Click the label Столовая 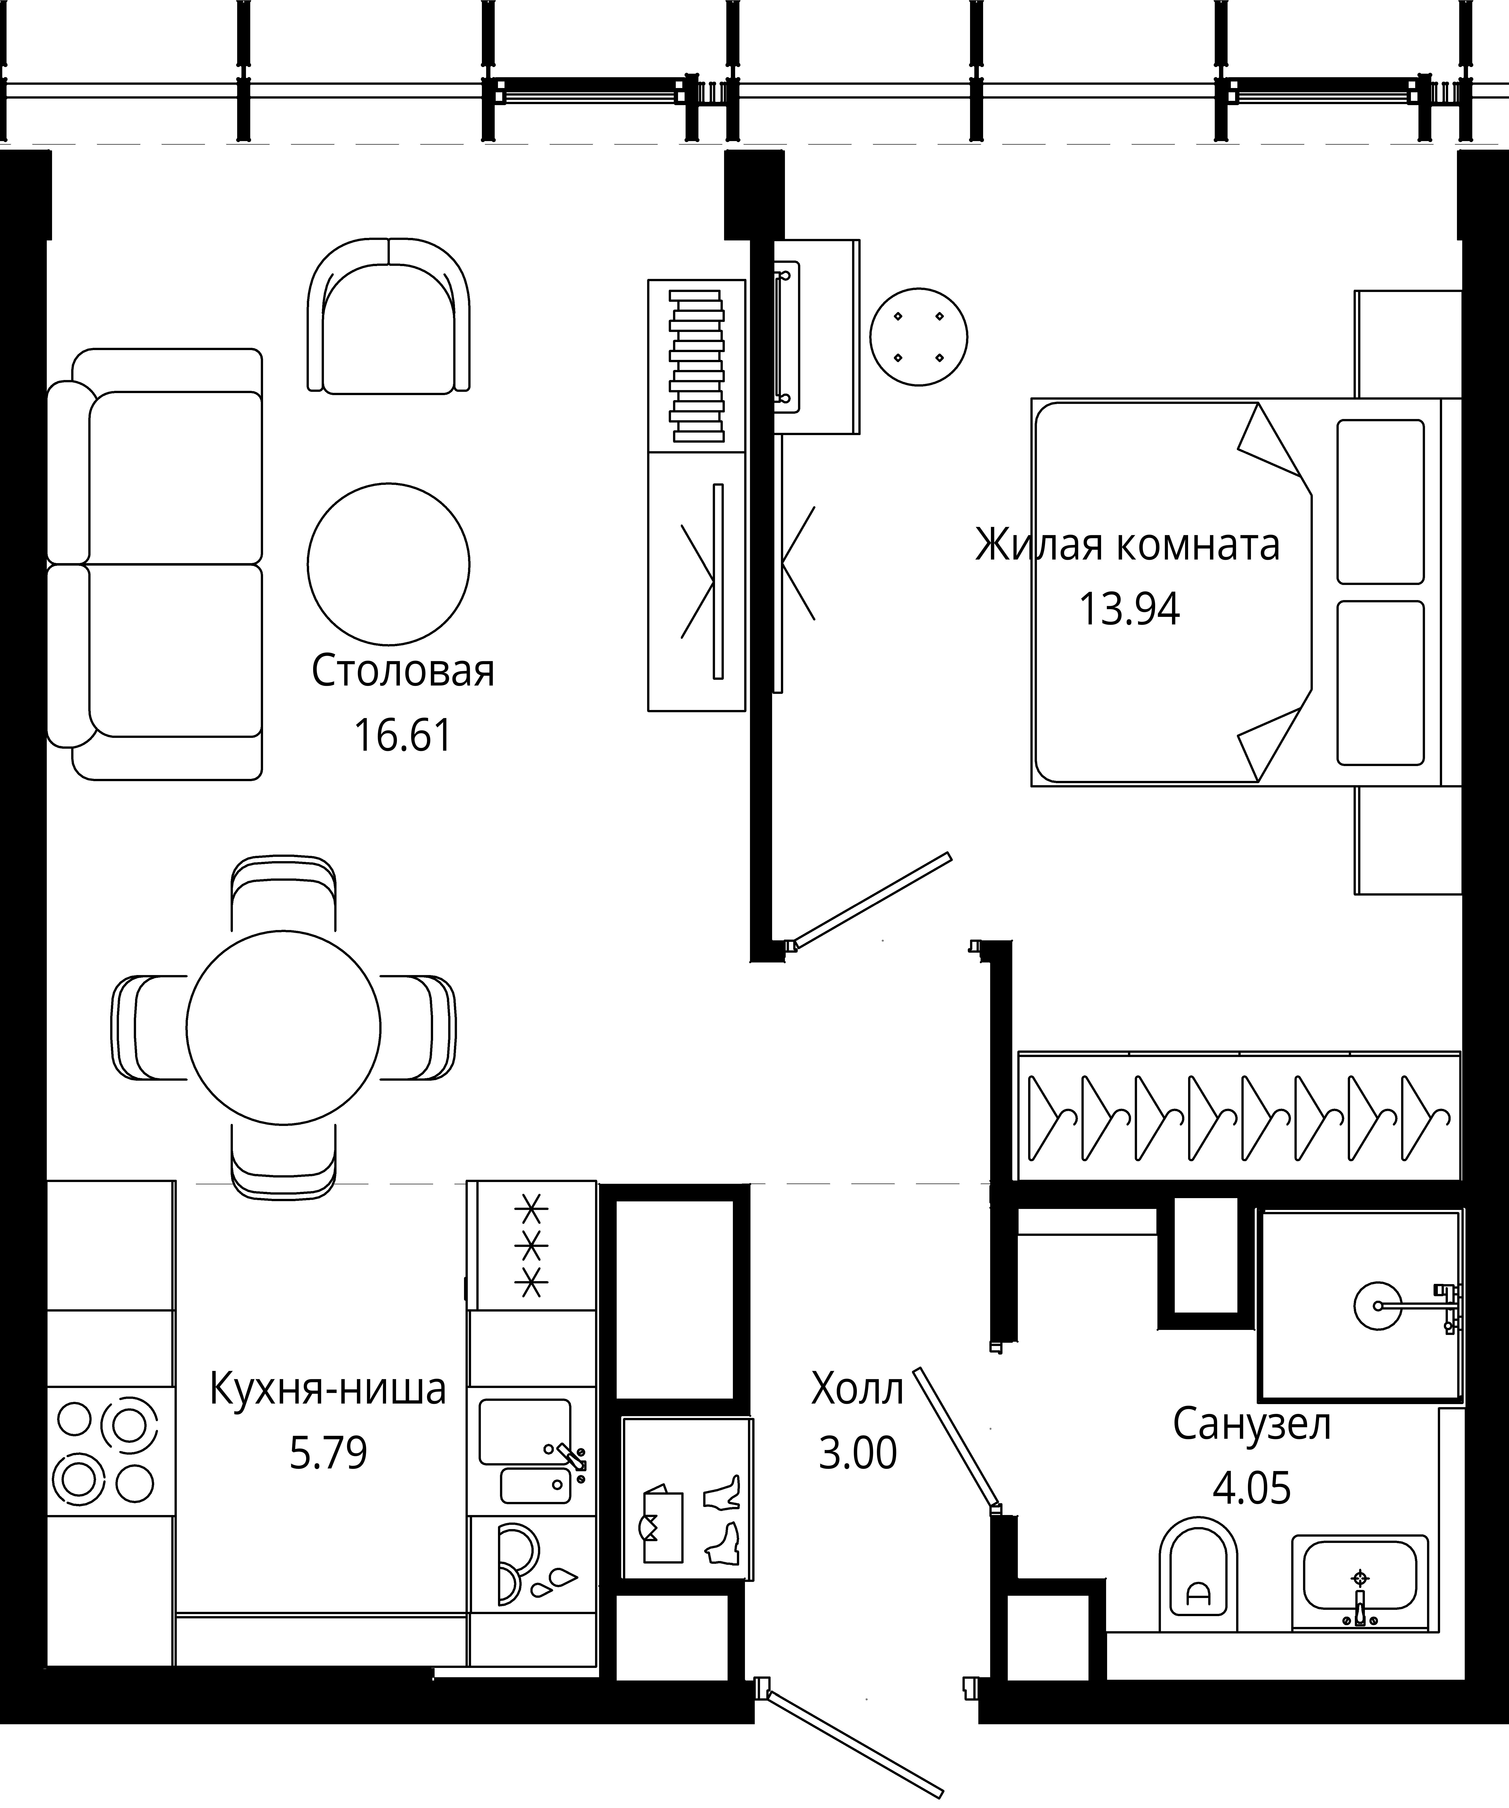point(403,671)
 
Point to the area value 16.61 point(403,736)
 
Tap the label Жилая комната point(1128,545)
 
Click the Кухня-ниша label point(328,1389)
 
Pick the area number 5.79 point(328,1453)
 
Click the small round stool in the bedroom point(918,337)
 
